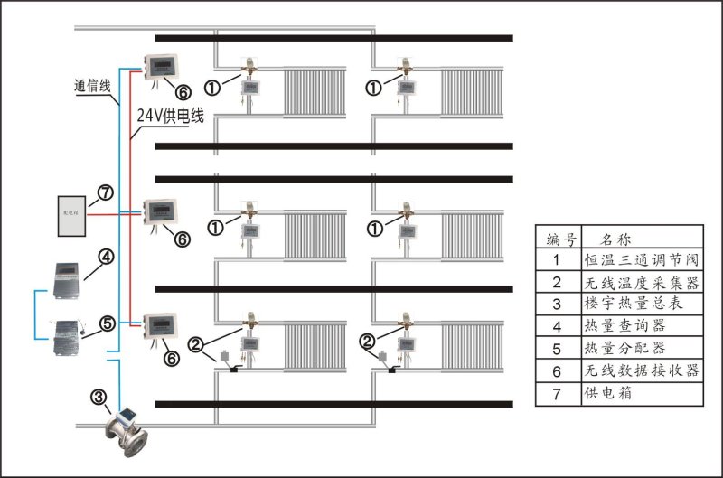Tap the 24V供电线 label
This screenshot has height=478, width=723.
171,117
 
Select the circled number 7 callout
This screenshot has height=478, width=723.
105,192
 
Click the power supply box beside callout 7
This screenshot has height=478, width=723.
70,215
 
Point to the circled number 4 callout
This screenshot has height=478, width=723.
107,257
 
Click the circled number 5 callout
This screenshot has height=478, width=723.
107,322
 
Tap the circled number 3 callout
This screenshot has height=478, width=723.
99,395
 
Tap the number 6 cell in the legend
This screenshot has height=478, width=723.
558,370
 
